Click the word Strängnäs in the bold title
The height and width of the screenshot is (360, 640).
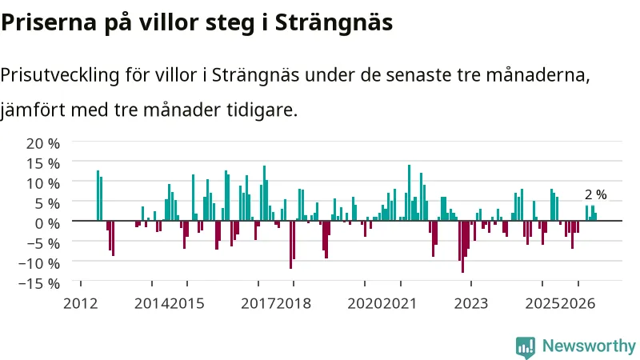coord(334,22)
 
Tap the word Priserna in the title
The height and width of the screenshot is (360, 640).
coord(49,22)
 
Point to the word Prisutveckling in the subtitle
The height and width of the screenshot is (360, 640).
coord(60,75)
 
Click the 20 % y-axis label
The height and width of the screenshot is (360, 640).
coord(43,143)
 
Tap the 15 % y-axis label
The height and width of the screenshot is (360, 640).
coord(43,163)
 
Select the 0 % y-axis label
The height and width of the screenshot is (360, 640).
coord(47,223)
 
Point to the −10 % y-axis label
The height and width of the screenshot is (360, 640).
coord(39,263)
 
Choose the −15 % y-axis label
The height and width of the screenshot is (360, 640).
coord(39,283)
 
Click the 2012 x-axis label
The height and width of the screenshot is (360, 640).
coord(81,304)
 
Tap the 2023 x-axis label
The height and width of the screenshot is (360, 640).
coord(471,304)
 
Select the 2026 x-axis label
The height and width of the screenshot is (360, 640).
coord(578,304)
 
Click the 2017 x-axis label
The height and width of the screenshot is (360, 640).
coord(258,304)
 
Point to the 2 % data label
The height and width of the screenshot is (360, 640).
coord(595,194)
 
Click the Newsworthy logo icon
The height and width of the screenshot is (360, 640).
coord(526,347)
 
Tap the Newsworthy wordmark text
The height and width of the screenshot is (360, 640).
coord(589,346)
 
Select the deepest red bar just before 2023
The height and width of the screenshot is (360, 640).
coord(462,246)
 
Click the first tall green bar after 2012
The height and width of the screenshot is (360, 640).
coord(98,195)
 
